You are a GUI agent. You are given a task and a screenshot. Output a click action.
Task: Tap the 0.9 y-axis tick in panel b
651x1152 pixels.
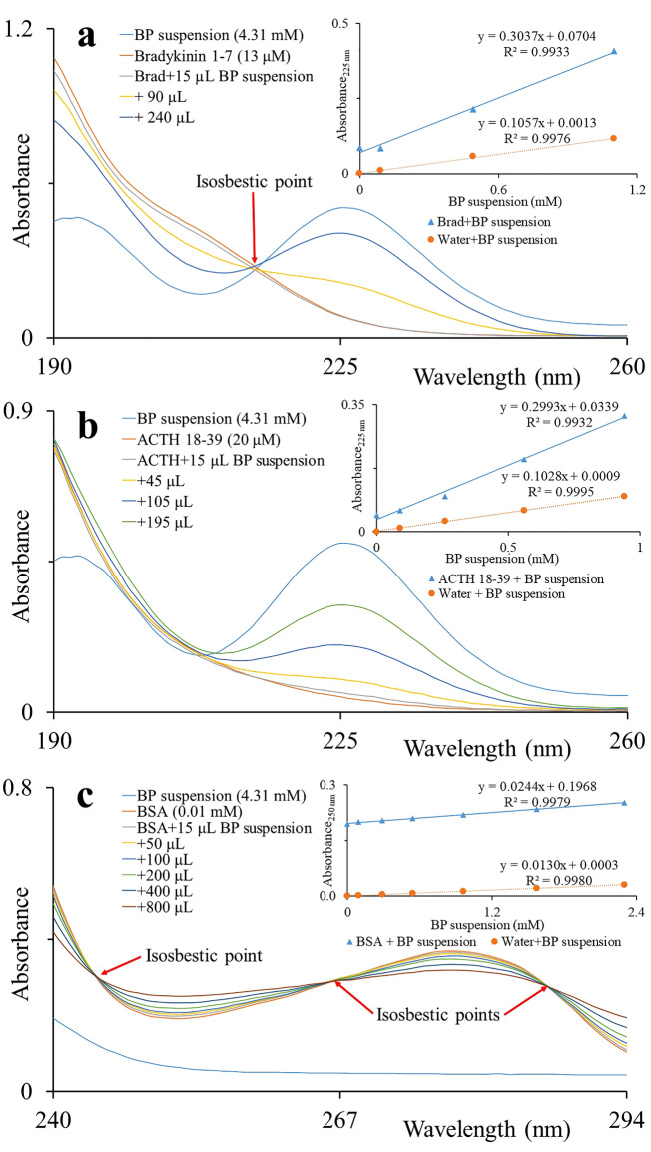click(22, 410)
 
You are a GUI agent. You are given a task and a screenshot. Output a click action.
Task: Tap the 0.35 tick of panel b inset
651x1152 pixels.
click(354, 405)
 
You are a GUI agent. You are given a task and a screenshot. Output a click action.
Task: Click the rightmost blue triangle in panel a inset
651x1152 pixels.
click(613, 50)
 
